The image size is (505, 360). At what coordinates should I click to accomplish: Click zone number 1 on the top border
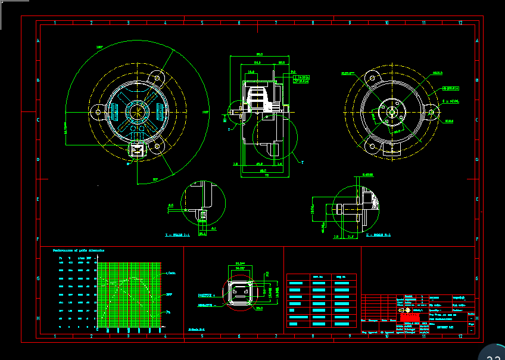pos(55,23)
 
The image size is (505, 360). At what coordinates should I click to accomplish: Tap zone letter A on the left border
pos(39,41)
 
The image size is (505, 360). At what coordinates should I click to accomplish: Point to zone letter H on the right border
pos(478,318)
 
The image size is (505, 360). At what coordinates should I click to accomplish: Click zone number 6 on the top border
pos(239,23)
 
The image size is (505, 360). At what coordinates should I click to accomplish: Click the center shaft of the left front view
pos(138,111)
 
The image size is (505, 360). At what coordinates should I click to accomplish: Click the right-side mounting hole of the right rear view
pos(431,111)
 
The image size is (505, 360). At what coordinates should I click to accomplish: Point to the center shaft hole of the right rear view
pos(392,111)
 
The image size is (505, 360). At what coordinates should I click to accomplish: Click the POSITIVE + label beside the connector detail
pos(207,296)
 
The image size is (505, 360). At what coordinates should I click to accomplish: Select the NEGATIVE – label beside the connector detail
pos(207,305)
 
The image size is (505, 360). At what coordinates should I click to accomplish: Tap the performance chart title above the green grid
pos(79,250)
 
